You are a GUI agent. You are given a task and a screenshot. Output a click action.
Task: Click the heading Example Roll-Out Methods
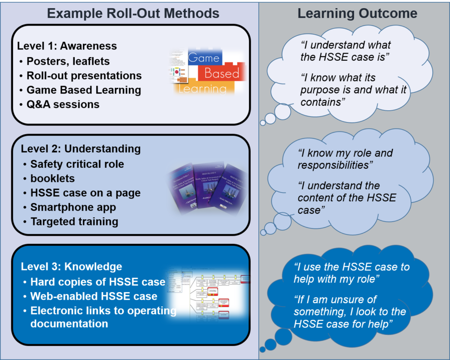pos(133,13)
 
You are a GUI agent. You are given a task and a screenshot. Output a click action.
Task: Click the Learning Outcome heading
pos(357,13)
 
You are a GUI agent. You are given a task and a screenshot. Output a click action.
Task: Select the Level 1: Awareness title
pos(67,46)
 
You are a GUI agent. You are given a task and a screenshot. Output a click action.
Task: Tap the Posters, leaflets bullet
pos(68,61)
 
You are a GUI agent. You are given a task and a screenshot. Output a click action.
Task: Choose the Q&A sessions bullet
pos(63,104)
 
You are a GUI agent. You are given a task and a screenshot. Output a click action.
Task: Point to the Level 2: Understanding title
pos(81,148)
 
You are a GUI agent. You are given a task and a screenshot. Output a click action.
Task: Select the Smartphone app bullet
pos(73,207)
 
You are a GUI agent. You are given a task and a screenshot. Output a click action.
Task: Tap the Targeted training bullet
pos(74,221)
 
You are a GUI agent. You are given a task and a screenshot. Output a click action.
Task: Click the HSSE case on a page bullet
pos(85,193)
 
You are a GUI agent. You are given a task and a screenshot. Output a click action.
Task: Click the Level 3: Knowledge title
pos(71,266)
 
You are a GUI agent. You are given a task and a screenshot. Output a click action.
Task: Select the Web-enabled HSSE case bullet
pos(94,296)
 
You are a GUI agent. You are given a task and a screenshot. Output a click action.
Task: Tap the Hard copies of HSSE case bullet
pos(98,282)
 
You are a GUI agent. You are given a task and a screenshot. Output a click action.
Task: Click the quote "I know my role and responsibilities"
pos(345,159)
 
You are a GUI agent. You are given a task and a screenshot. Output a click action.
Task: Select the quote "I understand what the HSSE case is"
pos(345,51)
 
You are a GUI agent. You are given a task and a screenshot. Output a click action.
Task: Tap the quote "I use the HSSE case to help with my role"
pos(351,273)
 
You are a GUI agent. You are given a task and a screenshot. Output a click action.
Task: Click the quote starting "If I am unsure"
pos(350,311)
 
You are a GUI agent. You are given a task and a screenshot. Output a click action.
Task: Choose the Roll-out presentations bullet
pos(84,75)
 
